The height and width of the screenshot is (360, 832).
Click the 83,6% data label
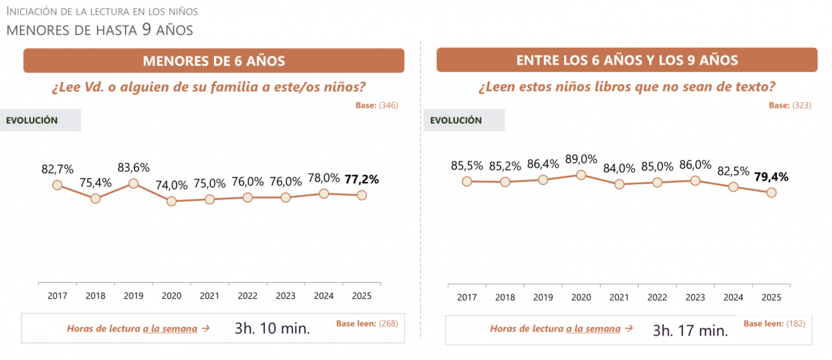(134, 168)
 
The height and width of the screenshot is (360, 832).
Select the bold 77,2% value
(361, 179)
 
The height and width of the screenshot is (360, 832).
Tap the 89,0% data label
(581, 159)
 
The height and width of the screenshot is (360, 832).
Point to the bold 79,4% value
(771, 177)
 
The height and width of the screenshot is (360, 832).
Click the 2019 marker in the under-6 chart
(134, 184)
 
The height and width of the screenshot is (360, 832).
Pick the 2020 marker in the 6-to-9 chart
(581, 175)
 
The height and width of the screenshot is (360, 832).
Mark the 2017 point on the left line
(58, 185)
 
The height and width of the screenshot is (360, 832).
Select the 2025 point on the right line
(772, 192)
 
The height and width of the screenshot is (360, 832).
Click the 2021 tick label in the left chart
(210, 296)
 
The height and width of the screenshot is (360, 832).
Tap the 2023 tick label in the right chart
(695, 298)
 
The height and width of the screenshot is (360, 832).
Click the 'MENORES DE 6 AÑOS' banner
(214, 61)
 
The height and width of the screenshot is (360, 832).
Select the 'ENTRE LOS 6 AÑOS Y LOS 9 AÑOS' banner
(627, 60)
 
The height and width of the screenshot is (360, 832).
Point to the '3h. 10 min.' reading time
(272, 328)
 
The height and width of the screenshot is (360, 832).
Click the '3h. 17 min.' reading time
(690, 330)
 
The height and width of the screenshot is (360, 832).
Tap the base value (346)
(388, 105)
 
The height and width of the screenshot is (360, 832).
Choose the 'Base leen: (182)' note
(774, 324)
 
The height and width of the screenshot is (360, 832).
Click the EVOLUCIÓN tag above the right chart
(456, 120)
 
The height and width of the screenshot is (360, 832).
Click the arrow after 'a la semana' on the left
(206, 328)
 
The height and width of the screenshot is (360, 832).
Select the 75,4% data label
(96, 183)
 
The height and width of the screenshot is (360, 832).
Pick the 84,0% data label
(619, 168)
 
